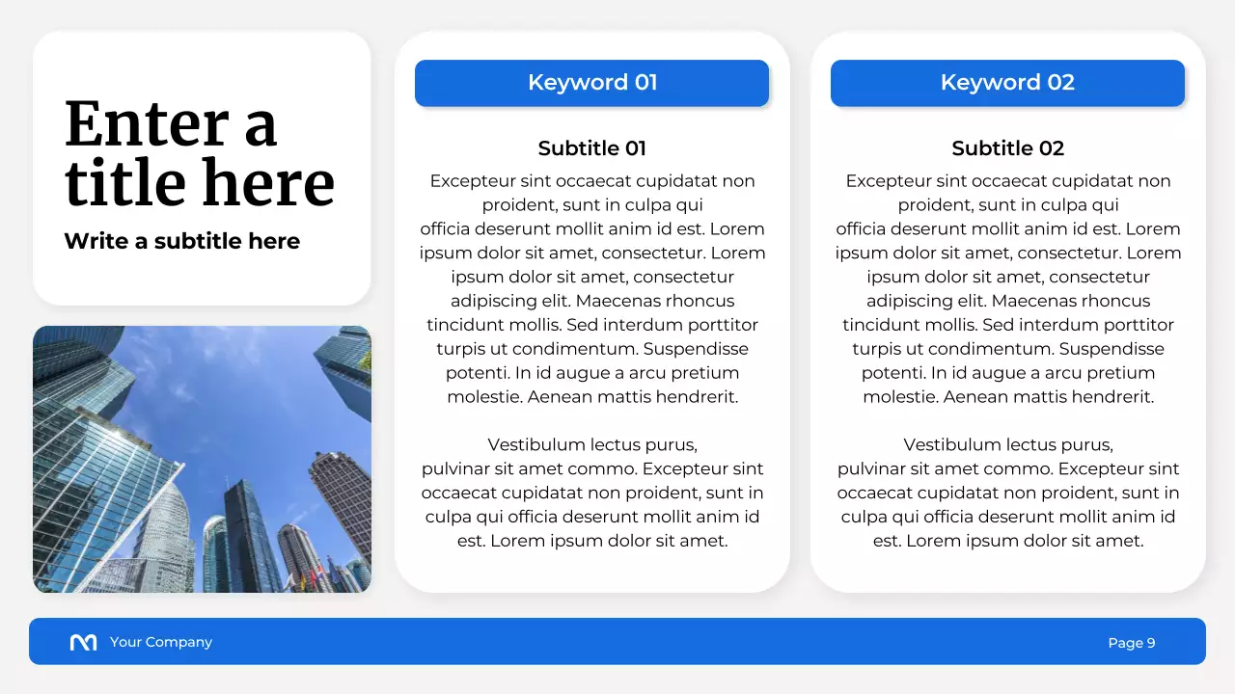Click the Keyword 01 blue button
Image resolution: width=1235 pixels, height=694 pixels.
click(591, 83)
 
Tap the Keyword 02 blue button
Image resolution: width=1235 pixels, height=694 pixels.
click(1007, 83)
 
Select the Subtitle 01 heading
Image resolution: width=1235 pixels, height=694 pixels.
click(591, 148)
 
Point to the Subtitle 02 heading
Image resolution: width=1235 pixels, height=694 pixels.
click(1007, 148)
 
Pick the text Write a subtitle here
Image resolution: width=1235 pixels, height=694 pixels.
click(181, 241)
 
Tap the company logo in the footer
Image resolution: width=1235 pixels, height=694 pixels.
click(84, 643)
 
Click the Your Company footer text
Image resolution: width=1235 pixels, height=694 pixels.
click(160, 642)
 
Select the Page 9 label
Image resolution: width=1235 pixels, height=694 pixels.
click(1131, 643)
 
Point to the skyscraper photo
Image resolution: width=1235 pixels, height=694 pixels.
click(202, 459)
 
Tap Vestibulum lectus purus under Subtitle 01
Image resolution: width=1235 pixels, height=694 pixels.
click(591, 445)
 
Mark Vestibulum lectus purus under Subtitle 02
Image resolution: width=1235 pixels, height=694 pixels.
click(1007, 445)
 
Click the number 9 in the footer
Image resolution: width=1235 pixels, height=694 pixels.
click(1150, 643)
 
